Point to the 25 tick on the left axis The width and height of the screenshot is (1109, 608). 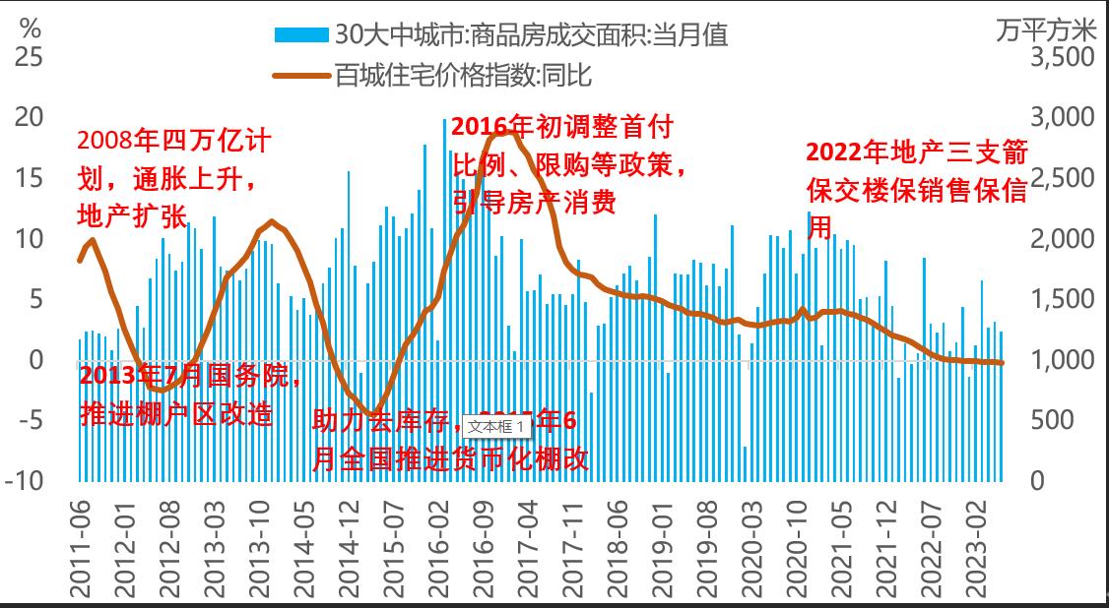click(x=30, y=57)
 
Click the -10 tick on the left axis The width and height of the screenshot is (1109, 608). click(x=26, y=481)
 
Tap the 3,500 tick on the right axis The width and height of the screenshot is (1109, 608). click(x=1062, y=57)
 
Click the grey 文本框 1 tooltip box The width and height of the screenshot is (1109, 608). click(x=495, y=427)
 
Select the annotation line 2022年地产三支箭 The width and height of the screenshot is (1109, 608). click(x=917, y=152)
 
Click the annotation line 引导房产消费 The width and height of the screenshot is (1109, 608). click(x=535, y=202)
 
